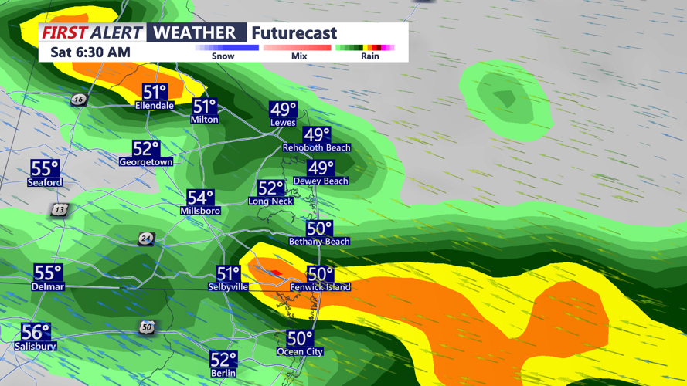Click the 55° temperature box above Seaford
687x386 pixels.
pyautogui.click(x=45, y=168)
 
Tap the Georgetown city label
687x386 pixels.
pyautogui.click(x=145, y=162)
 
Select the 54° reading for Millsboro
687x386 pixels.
pyautogui.click(x=200, y=198)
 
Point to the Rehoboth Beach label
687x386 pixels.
pyautogui.click(x=316, y=147)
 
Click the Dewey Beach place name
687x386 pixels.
pyautogui.click(x=321, y=181)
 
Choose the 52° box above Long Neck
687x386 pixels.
pyautogui.click(x=271, y=188)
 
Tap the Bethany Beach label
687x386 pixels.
pyautogui.click(x=319, y=242)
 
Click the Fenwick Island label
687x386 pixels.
pyautogui.click(x=320, y=287)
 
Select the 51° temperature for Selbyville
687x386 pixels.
pyautogui.click(x=229, y=274)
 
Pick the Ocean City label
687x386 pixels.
pyautogui.click(x=300, y=352)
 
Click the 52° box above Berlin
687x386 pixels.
pyautogui.click(x=223, y=359)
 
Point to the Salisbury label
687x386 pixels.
pyautogui.click(x=36, y=347)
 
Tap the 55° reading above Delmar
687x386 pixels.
pyautogui.click(x=48, y=273)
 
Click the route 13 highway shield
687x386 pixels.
pyautogui.click(x=60, y=210)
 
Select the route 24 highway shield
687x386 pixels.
pyautogui.click(x=145, y=239)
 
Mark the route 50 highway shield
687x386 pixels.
pyautogui.click(x=147, y=328)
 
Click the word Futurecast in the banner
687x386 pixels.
pyautogui.click(x=294, y=33)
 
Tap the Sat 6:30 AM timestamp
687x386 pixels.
pyautogui.click(x=90, y=52)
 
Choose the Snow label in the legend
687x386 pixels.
pyautogui.click(x=223, y=56)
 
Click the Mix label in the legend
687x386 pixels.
pyautogui.click(x=299, y=56)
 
